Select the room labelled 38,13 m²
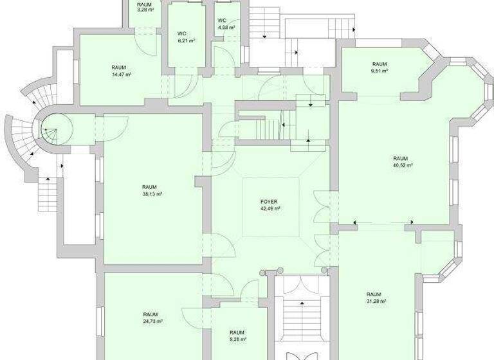coord(152,194)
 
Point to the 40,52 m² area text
coord(401,165)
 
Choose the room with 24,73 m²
coord(152,321)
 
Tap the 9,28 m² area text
coord(237,339)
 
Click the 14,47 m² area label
coord(121,75)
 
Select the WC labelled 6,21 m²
coord(186,40)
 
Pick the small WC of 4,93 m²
coord(226,28)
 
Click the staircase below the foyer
coord(298,315)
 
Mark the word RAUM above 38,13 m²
coord(149,187)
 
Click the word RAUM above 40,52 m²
coord(401,158)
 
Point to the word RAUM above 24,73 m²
coord(151,314)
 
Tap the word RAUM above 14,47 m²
coord(118,67)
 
